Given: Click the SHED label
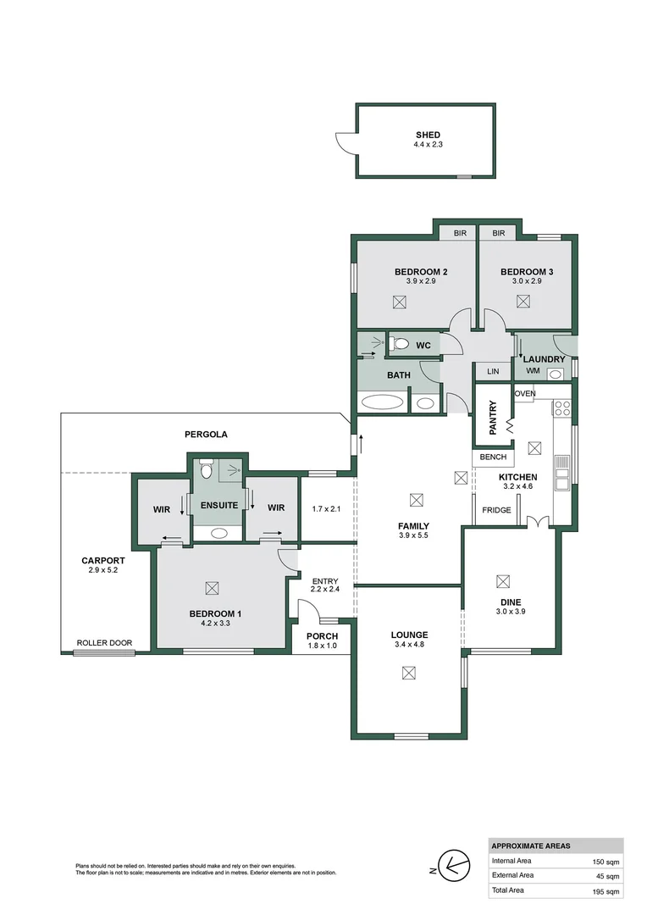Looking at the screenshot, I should [x=428, y=135].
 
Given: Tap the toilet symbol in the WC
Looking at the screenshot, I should [x=399, y=344].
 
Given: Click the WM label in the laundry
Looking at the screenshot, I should [x=533, y=371].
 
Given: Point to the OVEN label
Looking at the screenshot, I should [x=525, y=393].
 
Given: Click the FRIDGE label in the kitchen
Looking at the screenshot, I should [x=495, y=510].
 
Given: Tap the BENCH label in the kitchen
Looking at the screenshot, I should [x=492, y=457].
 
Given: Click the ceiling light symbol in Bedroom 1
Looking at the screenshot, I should [x=212, y=586].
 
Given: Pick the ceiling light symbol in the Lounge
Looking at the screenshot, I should [x=409, y=672].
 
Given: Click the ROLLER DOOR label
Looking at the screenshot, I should [x=105, y=643].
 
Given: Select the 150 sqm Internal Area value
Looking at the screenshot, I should [x=606, y=861].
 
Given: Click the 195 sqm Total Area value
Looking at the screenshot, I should [x=606, y=890].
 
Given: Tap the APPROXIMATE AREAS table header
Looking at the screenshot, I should [x=531, y=846].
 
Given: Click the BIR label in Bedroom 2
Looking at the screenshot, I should [x=460, y=233].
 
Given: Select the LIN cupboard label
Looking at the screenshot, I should [x=493, y=371].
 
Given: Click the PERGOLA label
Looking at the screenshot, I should [x=206, y=434].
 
